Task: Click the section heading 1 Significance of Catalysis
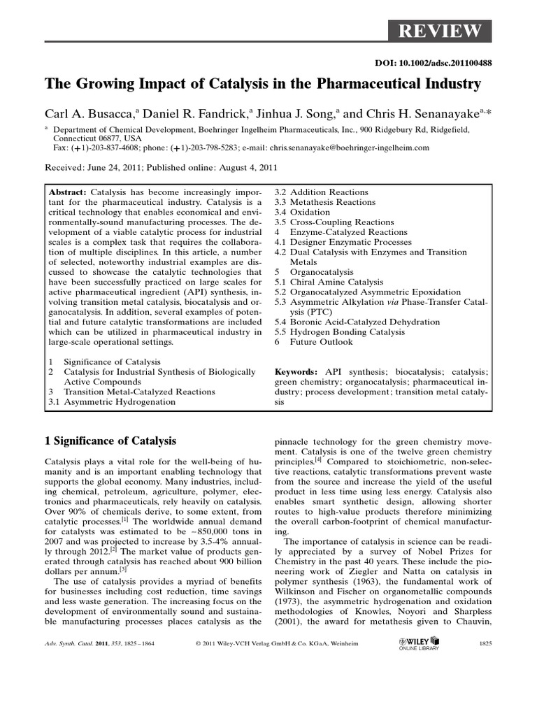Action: pos(110,441)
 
